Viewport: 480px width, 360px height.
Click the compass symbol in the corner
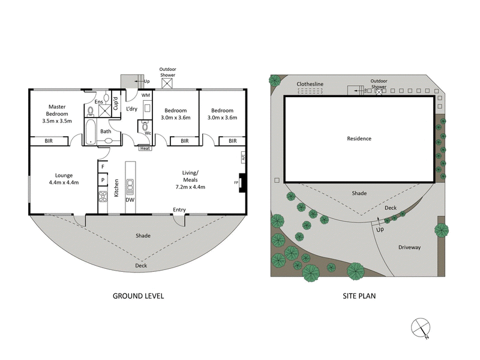(x=420, y=328)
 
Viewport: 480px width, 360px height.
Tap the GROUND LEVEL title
(x=139, y=296)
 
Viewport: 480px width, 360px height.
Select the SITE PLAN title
(x=359, y=296)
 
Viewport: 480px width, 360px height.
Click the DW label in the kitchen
(x=130, y=200)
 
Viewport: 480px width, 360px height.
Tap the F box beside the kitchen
(x=103, y=166)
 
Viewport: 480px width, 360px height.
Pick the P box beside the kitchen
(x=103, y=179)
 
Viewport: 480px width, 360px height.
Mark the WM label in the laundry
(x=146, y=95)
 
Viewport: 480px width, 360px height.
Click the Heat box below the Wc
(x=145, y=148)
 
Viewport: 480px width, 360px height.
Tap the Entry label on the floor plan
(x=179, y=209)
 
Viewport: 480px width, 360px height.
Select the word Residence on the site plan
(x=359, y=139)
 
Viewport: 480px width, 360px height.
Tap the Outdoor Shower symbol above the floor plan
(x=167, y=83)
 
